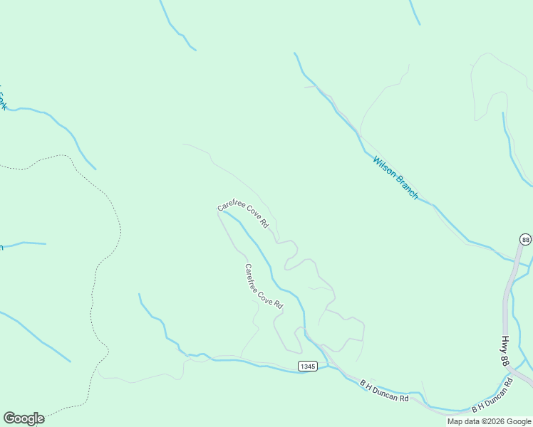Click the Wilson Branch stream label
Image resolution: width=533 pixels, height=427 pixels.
point(395,177)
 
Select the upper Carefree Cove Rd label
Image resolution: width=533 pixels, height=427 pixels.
point(243,215)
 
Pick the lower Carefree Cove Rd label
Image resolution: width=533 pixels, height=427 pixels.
point(264,286)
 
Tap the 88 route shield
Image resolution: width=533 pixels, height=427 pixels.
point(525,240)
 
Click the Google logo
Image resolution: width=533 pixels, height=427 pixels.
point(24,418)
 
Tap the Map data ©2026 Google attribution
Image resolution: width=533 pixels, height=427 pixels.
point(488,421)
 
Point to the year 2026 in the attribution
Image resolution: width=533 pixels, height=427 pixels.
point(495,421)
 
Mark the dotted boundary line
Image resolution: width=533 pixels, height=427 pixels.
point(114,213)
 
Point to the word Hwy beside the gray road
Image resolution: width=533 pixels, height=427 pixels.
point(504,343)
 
